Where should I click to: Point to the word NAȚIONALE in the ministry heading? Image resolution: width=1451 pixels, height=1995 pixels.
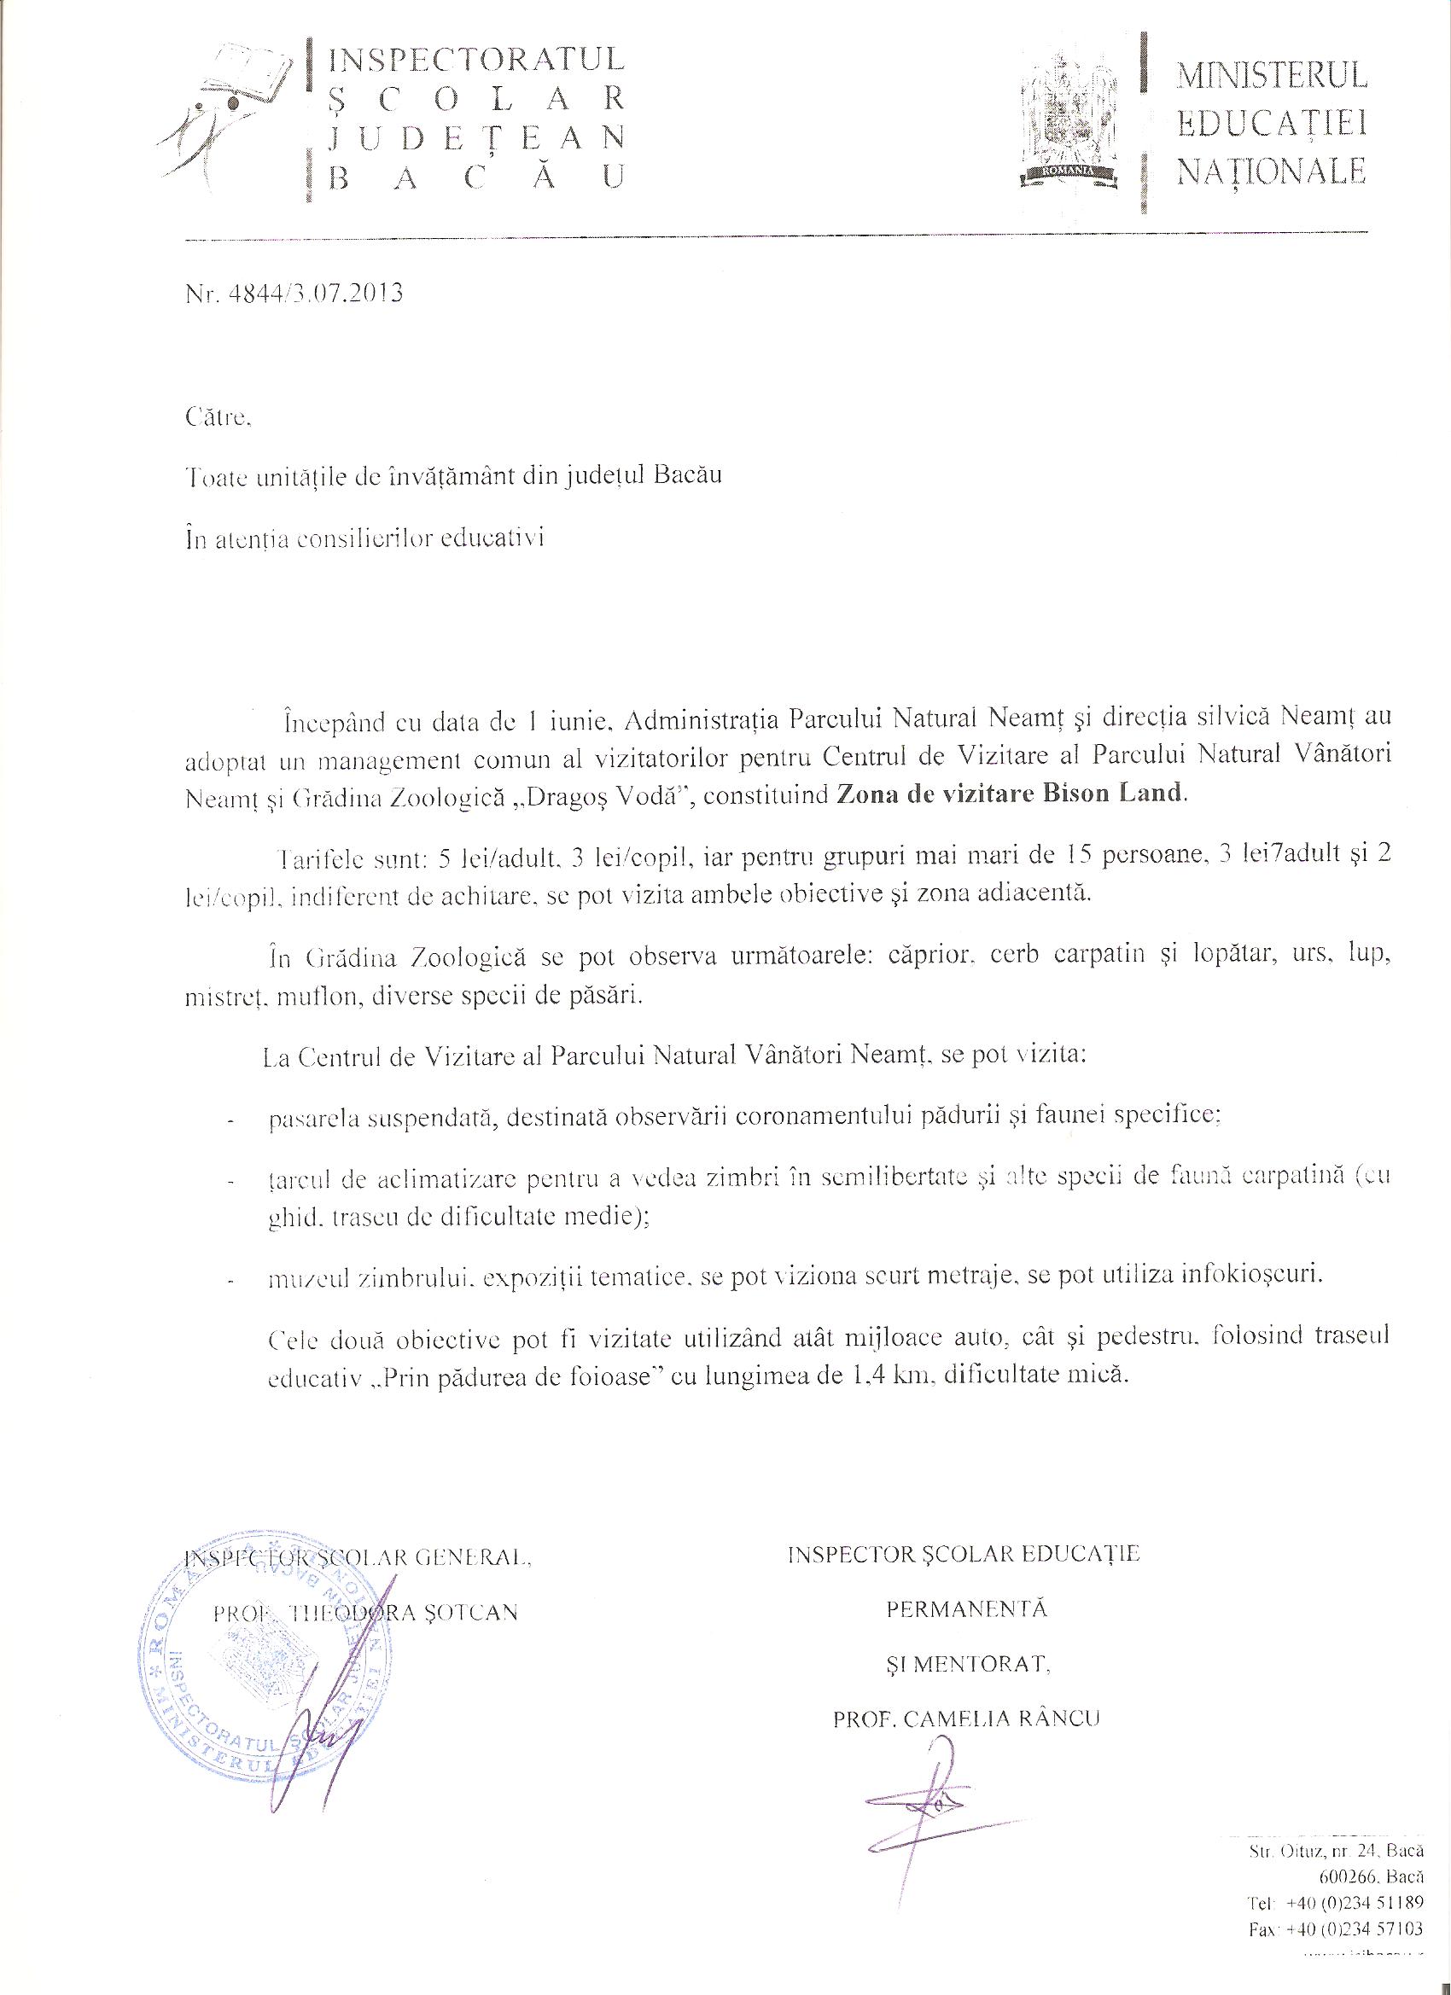click(x=1272, y=170)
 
